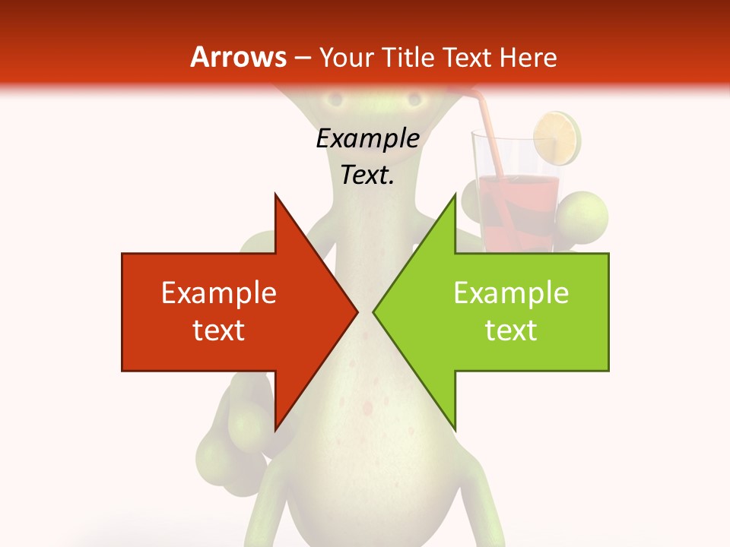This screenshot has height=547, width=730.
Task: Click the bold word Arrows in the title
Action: [x=239, y=57]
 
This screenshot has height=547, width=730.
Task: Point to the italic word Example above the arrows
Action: [x=367, y=139]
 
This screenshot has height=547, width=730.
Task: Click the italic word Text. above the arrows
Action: [x=367, y=175]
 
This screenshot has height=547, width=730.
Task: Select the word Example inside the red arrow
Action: [x=218, y=293]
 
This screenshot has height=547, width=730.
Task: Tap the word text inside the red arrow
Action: [x=218, y=330]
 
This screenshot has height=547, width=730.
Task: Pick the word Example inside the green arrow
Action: [x=511, y=293]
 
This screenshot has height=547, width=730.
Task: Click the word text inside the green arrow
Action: [x=511, y=330]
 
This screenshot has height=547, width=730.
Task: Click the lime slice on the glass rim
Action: [x=557, y=138]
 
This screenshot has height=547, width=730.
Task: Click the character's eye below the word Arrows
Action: [x=332, y=100]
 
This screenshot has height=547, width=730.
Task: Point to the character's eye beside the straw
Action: [x=414, y=100]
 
